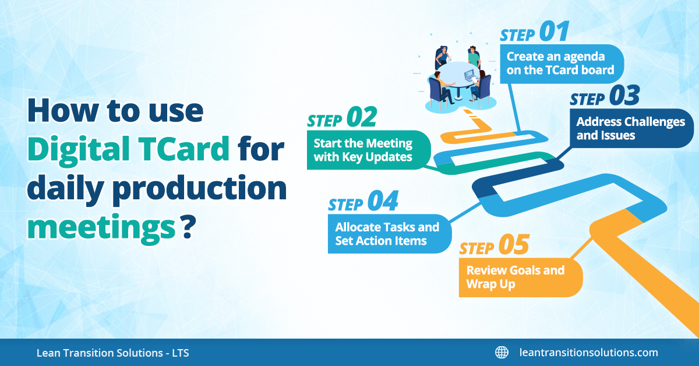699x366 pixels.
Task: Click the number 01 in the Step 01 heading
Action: (554, 31)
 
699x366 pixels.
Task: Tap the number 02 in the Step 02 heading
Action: (362, 117)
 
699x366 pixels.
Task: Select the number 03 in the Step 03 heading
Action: (624, 95)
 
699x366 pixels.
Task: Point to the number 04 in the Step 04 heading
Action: (383, 201)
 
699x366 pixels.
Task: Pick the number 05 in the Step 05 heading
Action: (514, 245)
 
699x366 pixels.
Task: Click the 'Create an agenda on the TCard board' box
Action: (562, 64)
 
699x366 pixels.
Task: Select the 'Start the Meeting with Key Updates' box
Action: (369, 150)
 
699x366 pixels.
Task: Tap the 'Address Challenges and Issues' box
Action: (631, 128)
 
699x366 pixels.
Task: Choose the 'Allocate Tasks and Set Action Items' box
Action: (390, 234)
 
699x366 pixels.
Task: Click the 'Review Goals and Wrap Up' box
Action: (521, 277)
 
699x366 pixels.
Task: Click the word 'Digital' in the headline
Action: (79, 150)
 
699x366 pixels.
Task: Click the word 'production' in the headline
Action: (200, 189)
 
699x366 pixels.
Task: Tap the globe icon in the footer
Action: (502, 352)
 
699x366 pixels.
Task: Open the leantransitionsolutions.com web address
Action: (588, 353)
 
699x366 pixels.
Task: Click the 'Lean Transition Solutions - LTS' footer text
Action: (112, 353)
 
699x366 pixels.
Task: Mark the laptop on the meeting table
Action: (469, 75)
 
